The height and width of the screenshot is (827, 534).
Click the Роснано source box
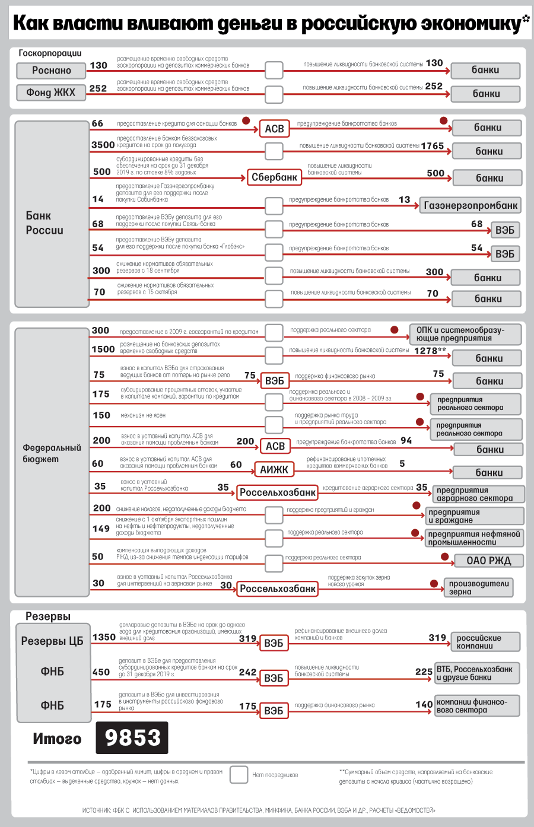coord(52,71)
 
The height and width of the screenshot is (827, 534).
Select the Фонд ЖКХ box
coord(51,93)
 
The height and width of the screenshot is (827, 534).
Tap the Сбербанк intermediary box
coord(274,177)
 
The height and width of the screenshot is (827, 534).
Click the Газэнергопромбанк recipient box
coord(471,206)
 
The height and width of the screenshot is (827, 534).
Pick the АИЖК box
coord(274,469)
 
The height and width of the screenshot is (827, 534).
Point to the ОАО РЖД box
coord(488,561)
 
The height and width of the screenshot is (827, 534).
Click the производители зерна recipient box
coord(478,587)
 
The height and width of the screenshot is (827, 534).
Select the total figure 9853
coord(132,737)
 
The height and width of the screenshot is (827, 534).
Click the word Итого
coord(57,739)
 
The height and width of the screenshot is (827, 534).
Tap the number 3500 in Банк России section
coord(103,145)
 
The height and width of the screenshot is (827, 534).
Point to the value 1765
coord(433,146)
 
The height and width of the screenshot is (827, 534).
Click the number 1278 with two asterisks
coord(430,351)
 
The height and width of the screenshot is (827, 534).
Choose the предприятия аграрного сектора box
coord(478,494)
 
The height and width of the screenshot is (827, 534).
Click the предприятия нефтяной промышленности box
coord(474,538)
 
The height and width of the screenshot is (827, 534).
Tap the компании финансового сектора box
coord(477,706)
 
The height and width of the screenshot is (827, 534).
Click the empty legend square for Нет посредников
coord(239,775)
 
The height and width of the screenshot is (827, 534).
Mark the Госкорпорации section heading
coord(50,53)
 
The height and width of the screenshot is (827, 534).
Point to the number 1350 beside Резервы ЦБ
coord(104,637)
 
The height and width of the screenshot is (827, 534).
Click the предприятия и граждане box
coord(475,516)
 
